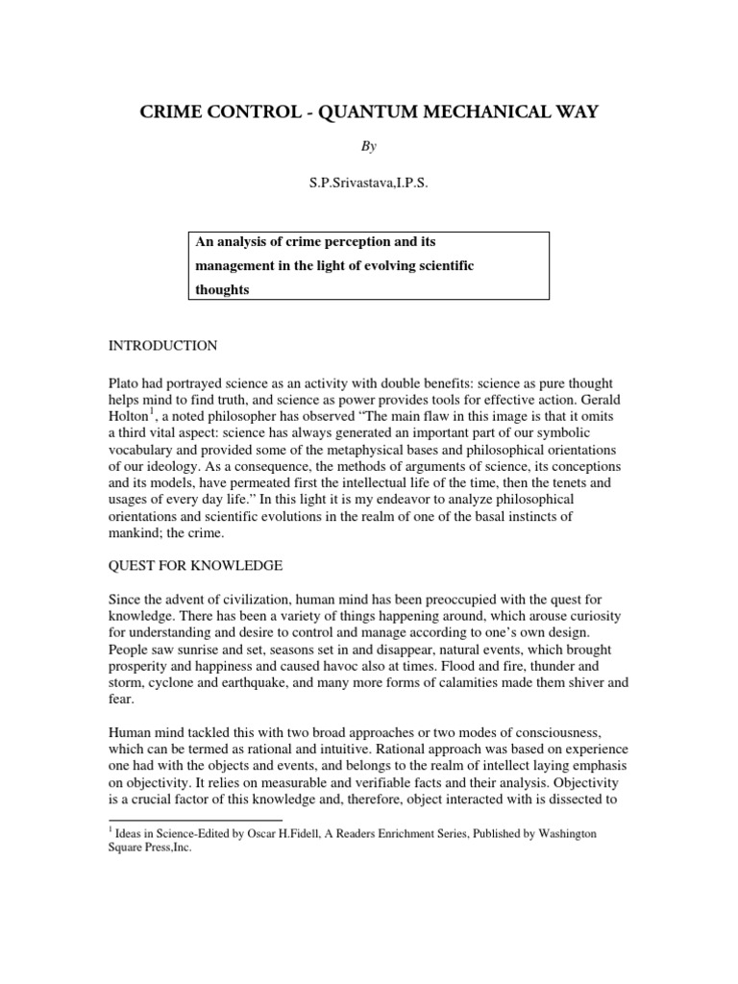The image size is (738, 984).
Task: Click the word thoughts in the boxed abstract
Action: (219, 288)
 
